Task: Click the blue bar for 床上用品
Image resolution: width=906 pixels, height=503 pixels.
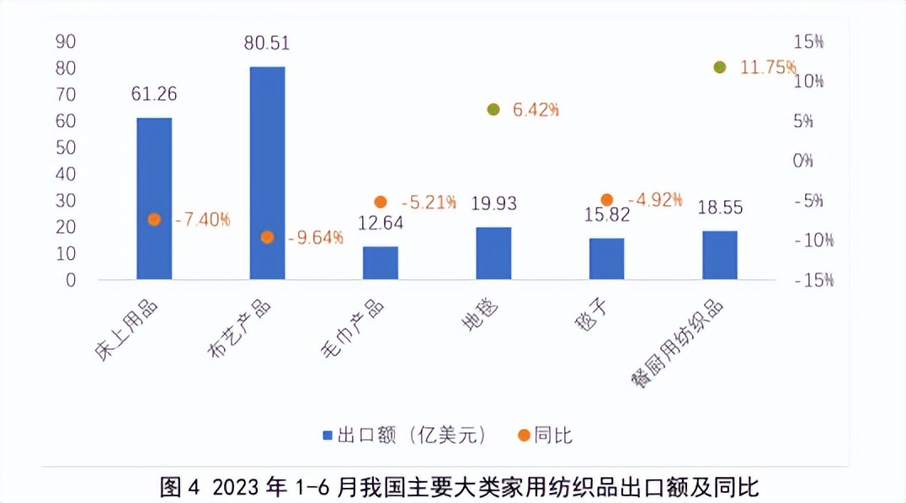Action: [x=154, y=199]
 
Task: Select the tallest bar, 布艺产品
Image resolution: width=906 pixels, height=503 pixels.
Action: [x=267, y=172]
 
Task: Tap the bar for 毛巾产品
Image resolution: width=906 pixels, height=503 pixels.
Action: [x=380, y=262]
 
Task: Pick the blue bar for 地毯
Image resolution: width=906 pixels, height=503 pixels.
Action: [x=493, y=253]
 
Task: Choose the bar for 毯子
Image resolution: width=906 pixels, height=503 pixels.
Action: [x=606, y=258]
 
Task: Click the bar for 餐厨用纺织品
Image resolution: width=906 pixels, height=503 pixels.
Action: [x=719, y=255]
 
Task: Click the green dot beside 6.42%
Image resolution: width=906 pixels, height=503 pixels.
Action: [x=493, y=109]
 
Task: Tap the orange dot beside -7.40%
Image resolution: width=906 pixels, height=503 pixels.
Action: [x=154, y=220]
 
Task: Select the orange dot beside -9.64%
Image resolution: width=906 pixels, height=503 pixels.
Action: [x=267, y=237]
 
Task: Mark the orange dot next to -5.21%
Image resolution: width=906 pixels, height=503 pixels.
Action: [x=380, y=202]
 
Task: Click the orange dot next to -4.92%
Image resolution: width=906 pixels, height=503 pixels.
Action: [x=606, y=199]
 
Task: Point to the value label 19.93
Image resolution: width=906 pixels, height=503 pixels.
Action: [x=493, y=204]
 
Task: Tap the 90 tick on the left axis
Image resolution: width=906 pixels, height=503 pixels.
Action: [x=65, y=41]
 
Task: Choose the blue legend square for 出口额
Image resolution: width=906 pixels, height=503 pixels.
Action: [x=328, y=435]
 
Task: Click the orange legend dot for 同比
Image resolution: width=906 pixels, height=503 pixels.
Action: [x=524, y=435]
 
